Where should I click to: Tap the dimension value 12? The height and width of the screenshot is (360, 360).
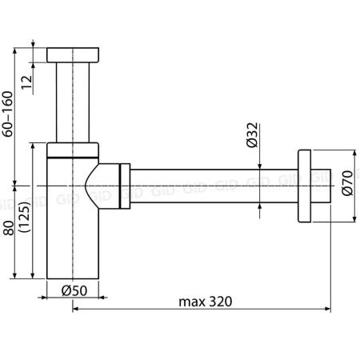(x=26, y=80)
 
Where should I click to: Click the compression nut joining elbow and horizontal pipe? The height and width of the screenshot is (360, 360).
(x=124, y=186)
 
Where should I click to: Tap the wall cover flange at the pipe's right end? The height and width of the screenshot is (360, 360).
(x=303, y=186)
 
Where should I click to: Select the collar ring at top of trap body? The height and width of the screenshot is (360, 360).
(x=73, y=149)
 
